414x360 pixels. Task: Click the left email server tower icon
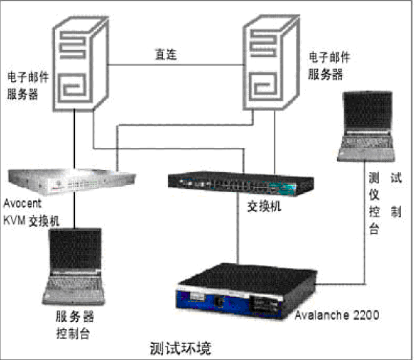(81, 63)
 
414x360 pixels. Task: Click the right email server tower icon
(271, 62)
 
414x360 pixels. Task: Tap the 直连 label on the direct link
(166, 54)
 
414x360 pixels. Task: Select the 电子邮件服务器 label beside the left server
(27, 86)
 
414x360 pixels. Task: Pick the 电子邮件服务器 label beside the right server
(329, 66)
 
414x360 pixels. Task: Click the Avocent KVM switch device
(72, 182)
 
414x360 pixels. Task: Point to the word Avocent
(23, 203)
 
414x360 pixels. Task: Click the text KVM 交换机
(31, 221)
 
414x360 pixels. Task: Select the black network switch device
(241, 184)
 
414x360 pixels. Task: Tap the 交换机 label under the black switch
(264, 206)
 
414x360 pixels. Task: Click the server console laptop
(73, 266)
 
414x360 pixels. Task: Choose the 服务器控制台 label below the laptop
(74, 325)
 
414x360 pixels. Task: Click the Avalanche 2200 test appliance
(246, 290)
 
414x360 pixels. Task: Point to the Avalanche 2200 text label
(337, 315)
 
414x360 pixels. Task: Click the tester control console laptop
(366, 126)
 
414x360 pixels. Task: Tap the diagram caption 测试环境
(181, 348)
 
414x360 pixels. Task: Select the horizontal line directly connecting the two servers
(176, 65)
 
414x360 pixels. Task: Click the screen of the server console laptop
(76, 249)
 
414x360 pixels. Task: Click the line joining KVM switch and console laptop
(74, 212)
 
